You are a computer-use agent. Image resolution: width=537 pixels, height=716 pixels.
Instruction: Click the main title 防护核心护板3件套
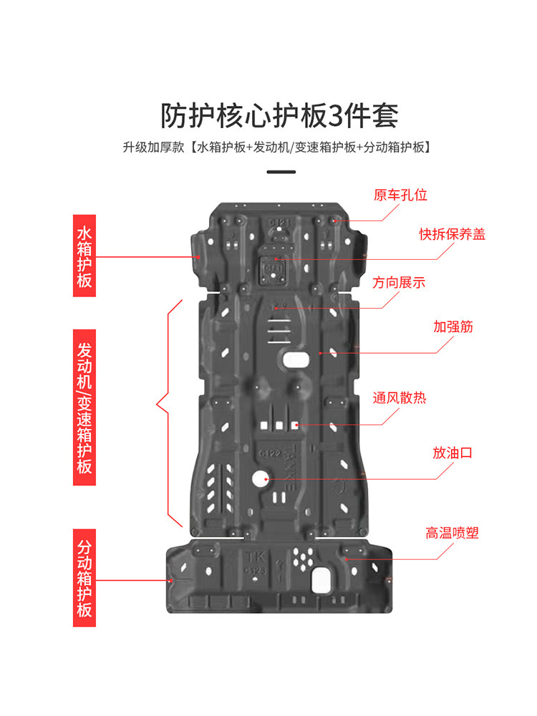[279, 115]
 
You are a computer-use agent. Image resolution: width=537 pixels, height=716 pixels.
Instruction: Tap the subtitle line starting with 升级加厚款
[276, 147]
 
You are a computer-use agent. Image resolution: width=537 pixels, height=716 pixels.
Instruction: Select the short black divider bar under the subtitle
[281, 172]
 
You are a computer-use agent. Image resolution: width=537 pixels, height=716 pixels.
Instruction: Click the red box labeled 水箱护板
[84, 256]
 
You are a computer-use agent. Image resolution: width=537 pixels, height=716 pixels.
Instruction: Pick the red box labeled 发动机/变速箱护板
[84, 407]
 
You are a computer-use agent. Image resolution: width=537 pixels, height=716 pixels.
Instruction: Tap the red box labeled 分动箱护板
[84, 578]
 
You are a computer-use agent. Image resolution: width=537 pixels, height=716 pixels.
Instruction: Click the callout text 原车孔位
[400, 195]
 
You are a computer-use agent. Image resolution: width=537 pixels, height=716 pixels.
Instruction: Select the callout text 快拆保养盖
[452, 234]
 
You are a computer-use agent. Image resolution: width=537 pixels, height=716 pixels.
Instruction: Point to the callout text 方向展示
[399, 283]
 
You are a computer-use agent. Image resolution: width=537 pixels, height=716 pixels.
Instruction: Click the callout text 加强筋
[453, 326]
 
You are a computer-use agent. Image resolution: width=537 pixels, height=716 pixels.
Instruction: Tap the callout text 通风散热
[400, 397]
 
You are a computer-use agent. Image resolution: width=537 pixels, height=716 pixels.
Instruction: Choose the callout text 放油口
[452, 453]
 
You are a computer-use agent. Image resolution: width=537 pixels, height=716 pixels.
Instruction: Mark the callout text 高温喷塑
[452, 533]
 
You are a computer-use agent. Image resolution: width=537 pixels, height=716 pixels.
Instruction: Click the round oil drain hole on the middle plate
[261, 478]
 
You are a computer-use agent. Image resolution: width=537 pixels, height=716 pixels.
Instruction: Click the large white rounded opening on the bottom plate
[321, 581]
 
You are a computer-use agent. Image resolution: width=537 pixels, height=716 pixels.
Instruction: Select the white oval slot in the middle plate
[296, 359]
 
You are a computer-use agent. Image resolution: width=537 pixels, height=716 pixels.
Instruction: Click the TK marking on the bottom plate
[256, 558]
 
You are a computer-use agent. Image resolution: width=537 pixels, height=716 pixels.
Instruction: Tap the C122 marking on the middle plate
[271, 453]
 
